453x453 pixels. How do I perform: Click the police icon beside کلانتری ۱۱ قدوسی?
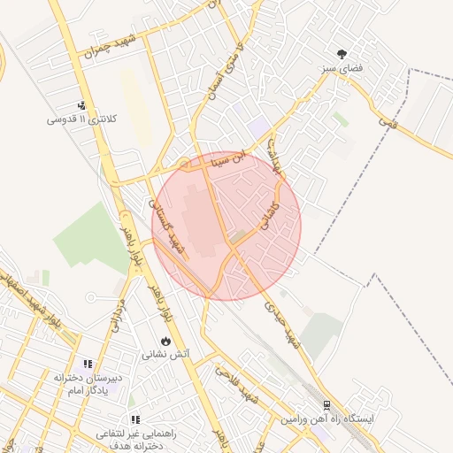pyautogui.click(x=82, y=105)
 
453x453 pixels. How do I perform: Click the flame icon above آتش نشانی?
pyautogui.click(x=165, y=341)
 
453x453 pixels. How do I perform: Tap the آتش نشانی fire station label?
pyautogui.click(x=165, y=354)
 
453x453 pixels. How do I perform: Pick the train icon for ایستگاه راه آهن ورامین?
pyautogui.click(x=326, y=404)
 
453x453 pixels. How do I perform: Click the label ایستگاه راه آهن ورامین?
pyautogui.click(x=328, y=418)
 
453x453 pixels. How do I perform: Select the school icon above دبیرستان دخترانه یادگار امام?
pyautogui.click(x=88, y=364)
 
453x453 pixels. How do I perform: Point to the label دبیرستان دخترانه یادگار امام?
pyautogui.click(x=88, y=383)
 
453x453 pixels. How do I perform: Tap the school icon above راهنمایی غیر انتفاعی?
pyautogui.click(x=134, y=419)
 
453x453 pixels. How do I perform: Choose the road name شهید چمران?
pyautogui.click(x=115, y=44)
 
